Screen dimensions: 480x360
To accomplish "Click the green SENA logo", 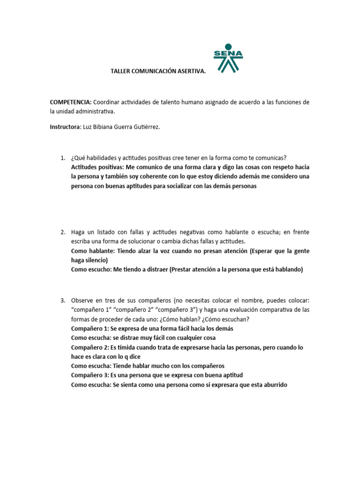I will click(x=228, y=58).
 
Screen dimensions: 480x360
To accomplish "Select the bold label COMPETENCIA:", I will click(x=70, y=102).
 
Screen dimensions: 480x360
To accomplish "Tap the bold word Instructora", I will click(x=65, y=127).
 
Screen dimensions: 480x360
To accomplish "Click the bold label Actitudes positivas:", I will click(x=97, y=167).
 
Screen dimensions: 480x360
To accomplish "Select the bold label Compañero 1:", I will click(x=90, y=329).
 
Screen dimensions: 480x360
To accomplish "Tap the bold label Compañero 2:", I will click(x=90, y=347).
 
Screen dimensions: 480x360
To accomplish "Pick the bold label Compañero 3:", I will click(x=90, y=375).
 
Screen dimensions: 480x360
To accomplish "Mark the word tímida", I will click(x=128, y=347).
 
